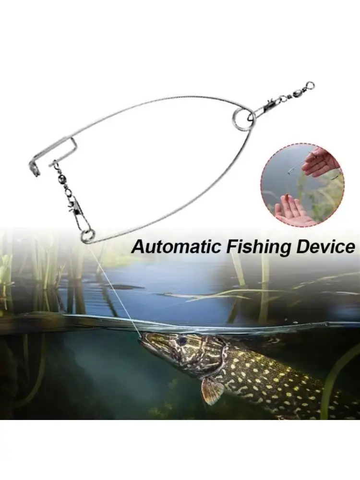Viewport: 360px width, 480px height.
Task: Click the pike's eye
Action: click(x=182, y=341)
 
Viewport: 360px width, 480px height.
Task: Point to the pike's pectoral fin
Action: click(x=213, y=390)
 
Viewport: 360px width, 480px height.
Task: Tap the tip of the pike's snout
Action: click(x=141, y=337)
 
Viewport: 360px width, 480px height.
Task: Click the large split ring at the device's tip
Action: click(x=243, y=119)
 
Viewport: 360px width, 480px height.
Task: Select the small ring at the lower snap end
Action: click(x=87, y=235)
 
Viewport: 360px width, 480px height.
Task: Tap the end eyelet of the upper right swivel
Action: click(x=310, y=86)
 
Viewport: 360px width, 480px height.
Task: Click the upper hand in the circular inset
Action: click(x=320, y=162)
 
